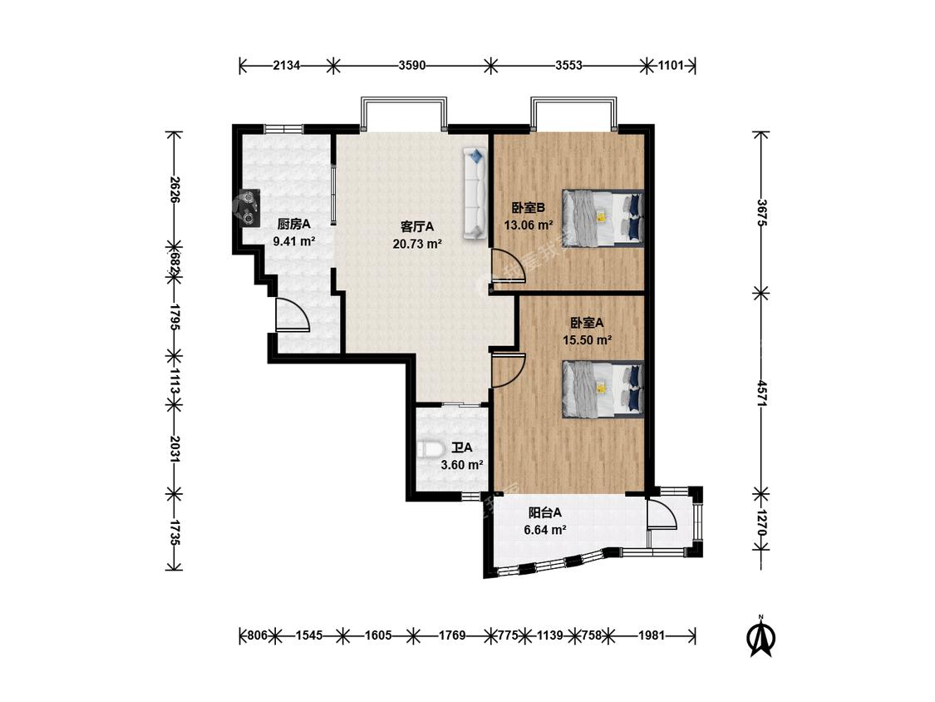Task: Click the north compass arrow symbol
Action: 760,636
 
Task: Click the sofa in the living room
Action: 475,194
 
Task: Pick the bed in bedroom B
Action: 603,217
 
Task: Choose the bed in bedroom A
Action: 603,388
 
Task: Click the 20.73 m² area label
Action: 417,244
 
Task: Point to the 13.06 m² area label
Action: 529,225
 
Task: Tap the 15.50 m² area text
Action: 588,340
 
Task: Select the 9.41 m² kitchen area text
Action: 294,241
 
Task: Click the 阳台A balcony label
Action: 545,512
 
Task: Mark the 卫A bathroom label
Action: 461,447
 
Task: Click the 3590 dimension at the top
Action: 412,65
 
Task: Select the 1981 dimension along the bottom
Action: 651,635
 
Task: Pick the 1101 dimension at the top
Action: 671,65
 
